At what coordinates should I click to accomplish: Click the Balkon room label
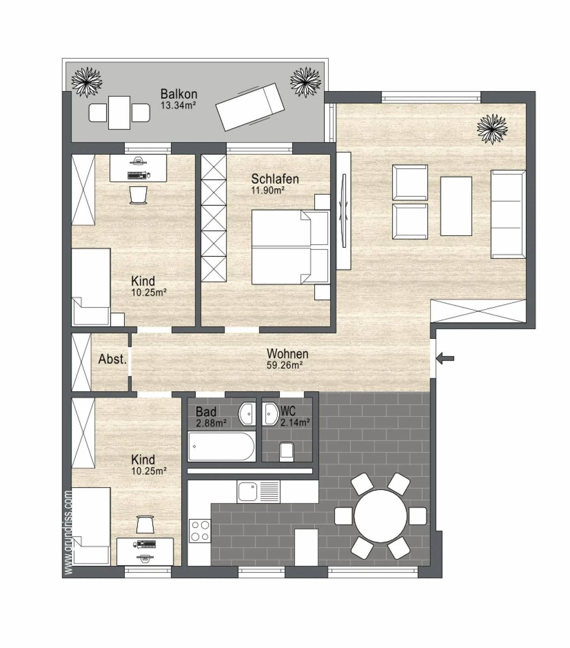coord(179,94)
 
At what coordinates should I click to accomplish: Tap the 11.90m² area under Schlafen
coord(268,191)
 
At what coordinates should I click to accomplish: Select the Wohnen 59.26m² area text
coord(285,365)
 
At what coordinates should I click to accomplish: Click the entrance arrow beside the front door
coord(445,359)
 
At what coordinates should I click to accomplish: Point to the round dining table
coord(380,516)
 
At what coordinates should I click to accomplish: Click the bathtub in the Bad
coord(222,446)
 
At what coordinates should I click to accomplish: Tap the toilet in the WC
coord(287,452)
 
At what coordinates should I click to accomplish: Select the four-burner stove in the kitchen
coord(200,531)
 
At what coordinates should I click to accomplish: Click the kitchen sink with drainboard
coord(258,491)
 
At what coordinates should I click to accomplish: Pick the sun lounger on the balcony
coord(250,107)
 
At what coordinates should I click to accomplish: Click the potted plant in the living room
coord(492,129)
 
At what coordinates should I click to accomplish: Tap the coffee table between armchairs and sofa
coord(456,206)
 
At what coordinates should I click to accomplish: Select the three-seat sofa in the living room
coord(508,214)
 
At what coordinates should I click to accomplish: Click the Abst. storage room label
coord(112,359)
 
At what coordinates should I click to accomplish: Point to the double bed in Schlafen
coord(291,247)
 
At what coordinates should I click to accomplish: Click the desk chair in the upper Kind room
coord(138,195)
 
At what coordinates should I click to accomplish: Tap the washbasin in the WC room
coord(271,414)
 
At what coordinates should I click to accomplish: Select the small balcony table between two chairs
coord(119,113)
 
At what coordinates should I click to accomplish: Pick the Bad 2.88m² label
coord(211,417)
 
